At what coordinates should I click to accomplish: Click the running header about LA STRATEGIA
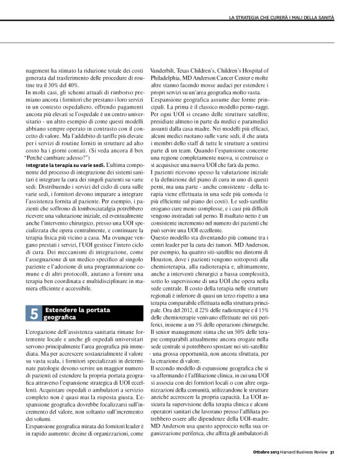[282, 16]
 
